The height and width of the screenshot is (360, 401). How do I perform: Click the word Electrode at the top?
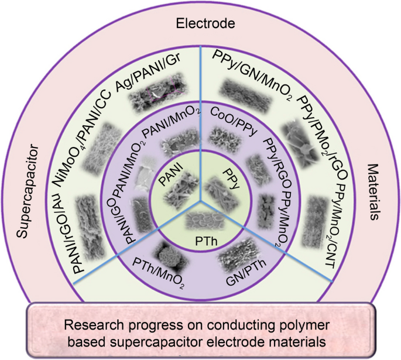click(x=201, y=24)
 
